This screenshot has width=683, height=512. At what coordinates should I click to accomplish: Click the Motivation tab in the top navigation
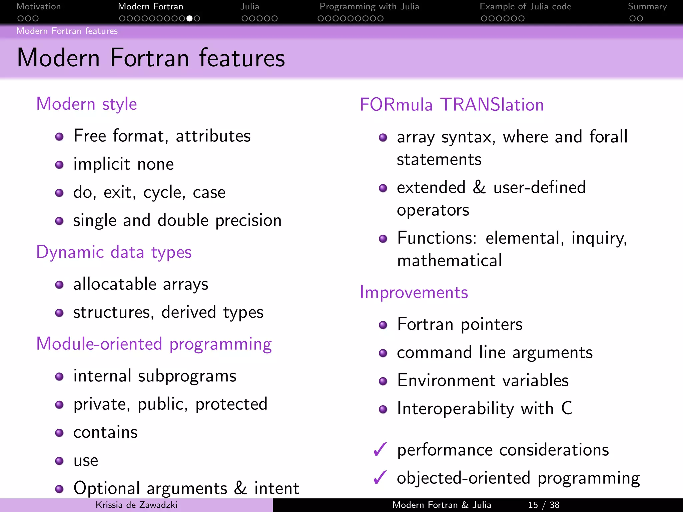(x=38, y=7)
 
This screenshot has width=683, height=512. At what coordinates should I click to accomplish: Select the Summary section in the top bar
(x=647, y=7)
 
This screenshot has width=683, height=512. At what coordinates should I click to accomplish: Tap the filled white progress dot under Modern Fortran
(x=189, y=18)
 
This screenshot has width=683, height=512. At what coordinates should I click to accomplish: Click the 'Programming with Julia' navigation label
(x=369, y=7)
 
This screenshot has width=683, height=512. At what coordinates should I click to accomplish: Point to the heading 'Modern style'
(x=86, y=104)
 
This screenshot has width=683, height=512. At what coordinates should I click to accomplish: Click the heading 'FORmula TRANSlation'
(x=452, y=105)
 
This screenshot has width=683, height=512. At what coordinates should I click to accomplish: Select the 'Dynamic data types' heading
(x=114, y=252)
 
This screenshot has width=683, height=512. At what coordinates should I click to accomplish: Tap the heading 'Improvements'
(x=414, y=292)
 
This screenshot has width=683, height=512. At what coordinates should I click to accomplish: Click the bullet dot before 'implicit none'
(x=59, y=165)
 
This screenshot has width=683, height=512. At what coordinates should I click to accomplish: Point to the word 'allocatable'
(x=115, y=284)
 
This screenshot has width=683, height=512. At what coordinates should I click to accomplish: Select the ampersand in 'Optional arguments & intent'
(x=240, y=488)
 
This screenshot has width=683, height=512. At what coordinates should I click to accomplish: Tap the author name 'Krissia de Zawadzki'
(x=136, y=505)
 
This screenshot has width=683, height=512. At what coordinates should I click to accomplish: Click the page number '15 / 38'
(x=544, y=505)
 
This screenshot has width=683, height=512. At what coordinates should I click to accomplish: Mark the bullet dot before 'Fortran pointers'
(x=383, y=325)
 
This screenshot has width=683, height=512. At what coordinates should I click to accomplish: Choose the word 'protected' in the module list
(x=231, y=404)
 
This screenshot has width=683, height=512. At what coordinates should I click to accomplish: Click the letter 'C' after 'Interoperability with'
(x=566, y=408)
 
